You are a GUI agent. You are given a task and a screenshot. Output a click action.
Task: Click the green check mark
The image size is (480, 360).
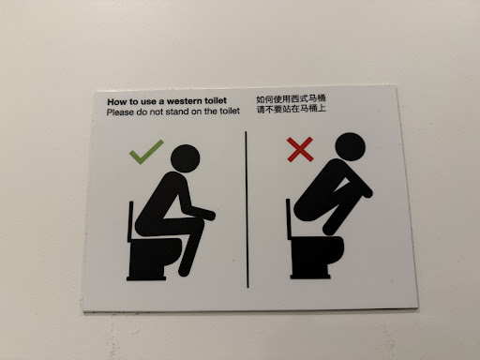144,154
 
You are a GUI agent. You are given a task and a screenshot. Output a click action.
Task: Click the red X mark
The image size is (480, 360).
300,149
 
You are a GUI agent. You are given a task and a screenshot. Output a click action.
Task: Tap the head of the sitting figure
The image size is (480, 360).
186,158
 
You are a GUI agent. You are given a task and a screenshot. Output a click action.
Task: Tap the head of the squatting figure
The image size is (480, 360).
350,147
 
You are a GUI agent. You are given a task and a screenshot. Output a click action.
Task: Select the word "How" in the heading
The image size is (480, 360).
115,102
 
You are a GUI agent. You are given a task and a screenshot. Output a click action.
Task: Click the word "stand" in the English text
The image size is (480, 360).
176,112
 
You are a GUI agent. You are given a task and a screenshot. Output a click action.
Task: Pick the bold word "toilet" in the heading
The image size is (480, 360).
216,100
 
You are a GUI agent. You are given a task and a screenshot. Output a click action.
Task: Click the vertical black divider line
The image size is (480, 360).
247,209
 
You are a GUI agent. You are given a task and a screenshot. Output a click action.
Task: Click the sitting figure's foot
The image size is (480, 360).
185,271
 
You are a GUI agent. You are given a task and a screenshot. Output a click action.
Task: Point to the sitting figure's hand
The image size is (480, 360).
209,215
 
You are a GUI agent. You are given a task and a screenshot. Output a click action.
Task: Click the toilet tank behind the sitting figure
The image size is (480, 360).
130,221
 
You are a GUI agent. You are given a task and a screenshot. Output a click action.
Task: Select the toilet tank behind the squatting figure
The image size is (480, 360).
289,219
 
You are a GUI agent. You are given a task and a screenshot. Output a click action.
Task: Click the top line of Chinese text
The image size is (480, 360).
291,99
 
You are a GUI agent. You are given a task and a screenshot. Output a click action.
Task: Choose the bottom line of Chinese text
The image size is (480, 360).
292,109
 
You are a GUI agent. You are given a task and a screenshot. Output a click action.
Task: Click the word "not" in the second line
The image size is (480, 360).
156,112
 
